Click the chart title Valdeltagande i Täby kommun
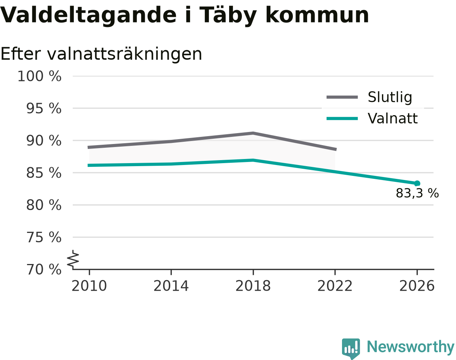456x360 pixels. (184, 16)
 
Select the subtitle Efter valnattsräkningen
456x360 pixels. (101, 54)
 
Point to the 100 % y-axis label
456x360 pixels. (40, 76)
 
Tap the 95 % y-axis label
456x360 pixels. (44, 109)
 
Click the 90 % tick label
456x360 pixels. (44, 141)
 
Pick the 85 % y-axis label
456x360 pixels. (44, 173)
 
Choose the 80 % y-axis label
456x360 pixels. (44, 205)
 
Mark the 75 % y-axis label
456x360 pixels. (44, 237)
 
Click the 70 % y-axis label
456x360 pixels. (44, 270)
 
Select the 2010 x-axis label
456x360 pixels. (89, 286)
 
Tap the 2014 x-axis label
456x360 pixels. (171, 286)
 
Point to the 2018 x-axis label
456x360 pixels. (253, 286)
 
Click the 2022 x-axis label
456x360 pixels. (335, 286)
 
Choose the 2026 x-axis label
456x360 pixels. (417, 286)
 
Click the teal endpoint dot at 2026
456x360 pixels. (417, 183)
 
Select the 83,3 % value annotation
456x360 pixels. (417, 193)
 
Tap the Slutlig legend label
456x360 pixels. (390, 97)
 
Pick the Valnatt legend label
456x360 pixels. (393, 118)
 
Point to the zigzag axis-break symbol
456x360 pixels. (73, 258)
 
